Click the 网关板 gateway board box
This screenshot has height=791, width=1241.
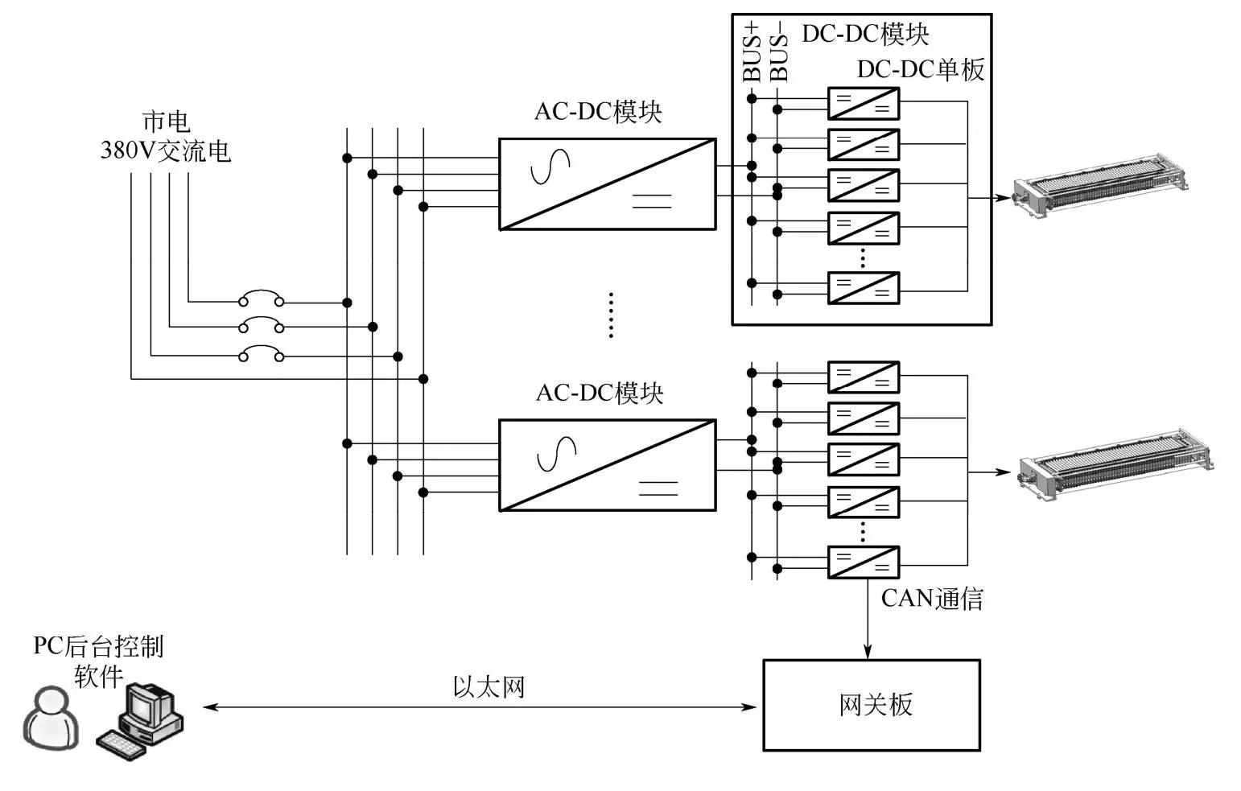pos(871,705)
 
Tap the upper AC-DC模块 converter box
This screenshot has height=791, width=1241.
pos(607,184)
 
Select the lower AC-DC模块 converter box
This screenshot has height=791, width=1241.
pos(607,465)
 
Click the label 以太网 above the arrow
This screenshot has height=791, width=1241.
pos(489,687)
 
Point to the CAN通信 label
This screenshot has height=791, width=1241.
pos(932,599)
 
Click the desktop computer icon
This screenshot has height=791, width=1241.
pos(142,720)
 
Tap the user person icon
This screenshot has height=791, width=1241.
pos(51,719)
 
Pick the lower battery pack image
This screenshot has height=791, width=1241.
pos(1115,464)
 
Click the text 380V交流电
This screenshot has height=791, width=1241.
pos(165,150)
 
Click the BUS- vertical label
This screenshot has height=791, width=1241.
pos(778,56)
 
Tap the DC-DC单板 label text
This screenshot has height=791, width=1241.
pos(920,70)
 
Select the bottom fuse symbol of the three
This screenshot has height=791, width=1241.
pos(261,354)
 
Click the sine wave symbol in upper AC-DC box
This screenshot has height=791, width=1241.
pos(550,167)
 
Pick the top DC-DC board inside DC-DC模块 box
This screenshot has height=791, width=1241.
pos(863,104)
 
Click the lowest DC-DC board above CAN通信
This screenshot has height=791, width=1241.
pos(863,562)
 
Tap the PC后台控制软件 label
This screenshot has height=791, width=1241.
pos(98,661)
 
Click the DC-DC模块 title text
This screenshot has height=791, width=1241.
pos(865,35)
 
